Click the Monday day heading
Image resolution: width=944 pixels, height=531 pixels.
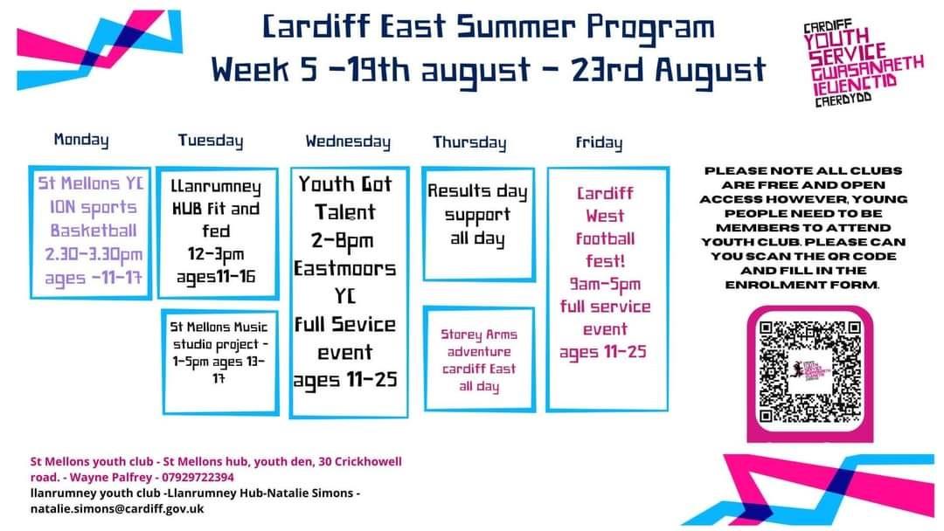pyautogui.click(x=81, y=140)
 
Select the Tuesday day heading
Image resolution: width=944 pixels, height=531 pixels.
pyautogui.click(x=211, y=141)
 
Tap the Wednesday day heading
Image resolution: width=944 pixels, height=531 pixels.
pyautogui.click(x=348, y=142)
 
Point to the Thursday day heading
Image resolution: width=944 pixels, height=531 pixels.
pyautogui.click(x=469, y=142)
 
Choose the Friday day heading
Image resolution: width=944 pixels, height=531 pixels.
pyautogui.click(x=599, y=142)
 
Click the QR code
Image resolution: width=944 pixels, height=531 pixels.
pyautogui.click(x=809, y=372)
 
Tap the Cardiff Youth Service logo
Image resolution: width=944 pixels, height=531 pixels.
pyautogui.click(x=863, y=63)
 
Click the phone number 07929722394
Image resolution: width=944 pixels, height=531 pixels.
pyautogui.click(x=198, y=478)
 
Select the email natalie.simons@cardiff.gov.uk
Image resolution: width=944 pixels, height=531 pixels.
pyautogui.click(x=117, y=509)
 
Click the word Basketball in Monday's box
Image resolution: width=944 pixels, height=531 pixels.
pyautogui.click(x=94, y=231)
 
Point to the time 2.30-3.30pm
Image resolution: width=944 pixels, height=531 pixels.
pyautogui.click(x=94, y=254)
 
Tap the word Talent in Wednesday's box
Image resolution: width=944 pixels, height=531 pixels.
pyautogui.click(x=345, y=212)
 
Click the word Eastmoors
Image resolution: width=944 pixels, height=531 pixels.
pyautogui.click(x=345, y=268)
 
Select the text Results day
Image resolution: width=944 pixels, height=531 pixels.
pyautogui.click(x=477, y=191)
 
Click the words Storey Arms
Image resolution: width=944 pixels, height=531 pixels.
pyautogui.click(x=479, y=334)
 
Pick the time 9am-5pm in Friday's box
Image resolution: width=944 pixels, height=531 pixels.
pyautogui.click(x=605, y=284)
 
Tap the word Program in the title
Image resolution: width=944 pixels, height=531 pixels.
pyautogui.click(x=651, y=28)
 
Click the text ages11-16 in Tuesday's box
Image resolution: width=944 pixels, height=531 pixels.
pyautogui.click(x=216, y=277)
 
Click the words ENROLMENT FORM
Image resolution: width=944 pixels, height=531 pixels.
pyautogui.click(x=802, y=285)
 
